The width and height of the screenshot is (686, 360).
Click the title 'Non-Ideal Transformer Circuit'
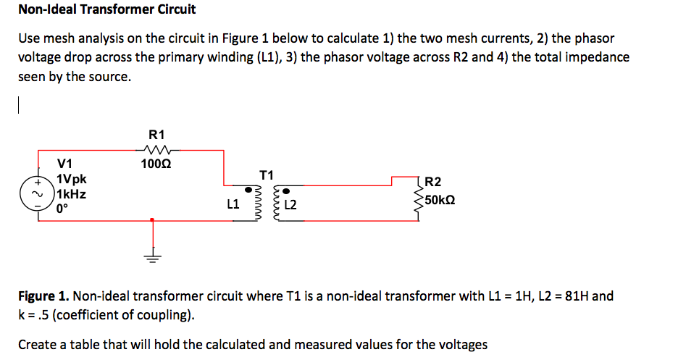106,10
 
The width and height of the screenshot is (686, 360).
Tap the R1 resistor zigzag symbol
156,150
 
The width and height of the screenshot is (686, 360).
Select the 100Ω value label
156,164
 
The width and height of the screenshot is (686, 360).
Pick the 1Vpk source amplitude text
73,179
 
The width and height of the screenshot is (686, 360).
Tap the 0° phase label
62,209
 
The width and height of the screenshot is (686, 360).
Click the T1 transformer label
266,175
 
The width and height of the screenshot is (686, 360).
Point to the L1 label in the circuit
233,205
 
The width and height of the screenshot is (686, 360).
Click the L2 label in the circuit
291,206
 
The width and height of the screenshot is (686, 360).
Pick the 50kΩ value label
440,199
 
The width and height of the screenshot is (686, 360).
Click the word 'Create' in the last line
38,344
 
